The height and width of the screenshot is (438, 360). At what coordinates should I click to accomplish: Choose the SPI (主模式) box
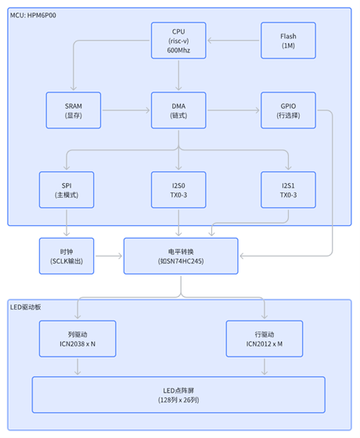coord(68,189)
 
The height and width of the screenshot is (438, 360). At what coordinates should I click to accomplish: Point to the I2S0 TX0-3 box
coord(179,189)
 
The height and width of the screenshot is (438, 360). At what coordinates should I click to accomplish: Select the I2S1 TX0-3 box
coord(288,189)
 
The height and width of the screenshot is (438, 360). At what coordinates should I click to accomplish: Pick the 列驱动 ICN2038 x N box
coord(77,339)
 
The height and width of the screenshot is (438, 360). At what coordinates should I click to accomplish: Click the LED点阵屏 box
coord(178,394)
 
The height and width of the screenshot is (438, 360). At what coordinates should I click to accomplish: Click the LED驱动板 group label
coord(27,307)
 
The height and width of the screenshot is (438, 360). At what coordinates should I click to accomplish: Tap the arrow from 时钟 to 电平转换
coord(108,257)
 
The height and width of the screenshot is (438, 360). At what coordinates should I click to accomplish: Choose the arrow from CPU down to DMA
coord(179,75)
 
